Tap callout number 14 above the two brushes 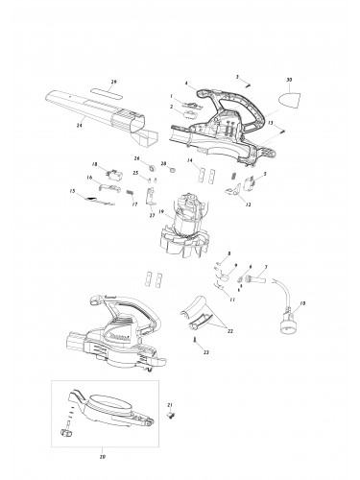[190, 160]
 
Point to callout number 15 [72, 192]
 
